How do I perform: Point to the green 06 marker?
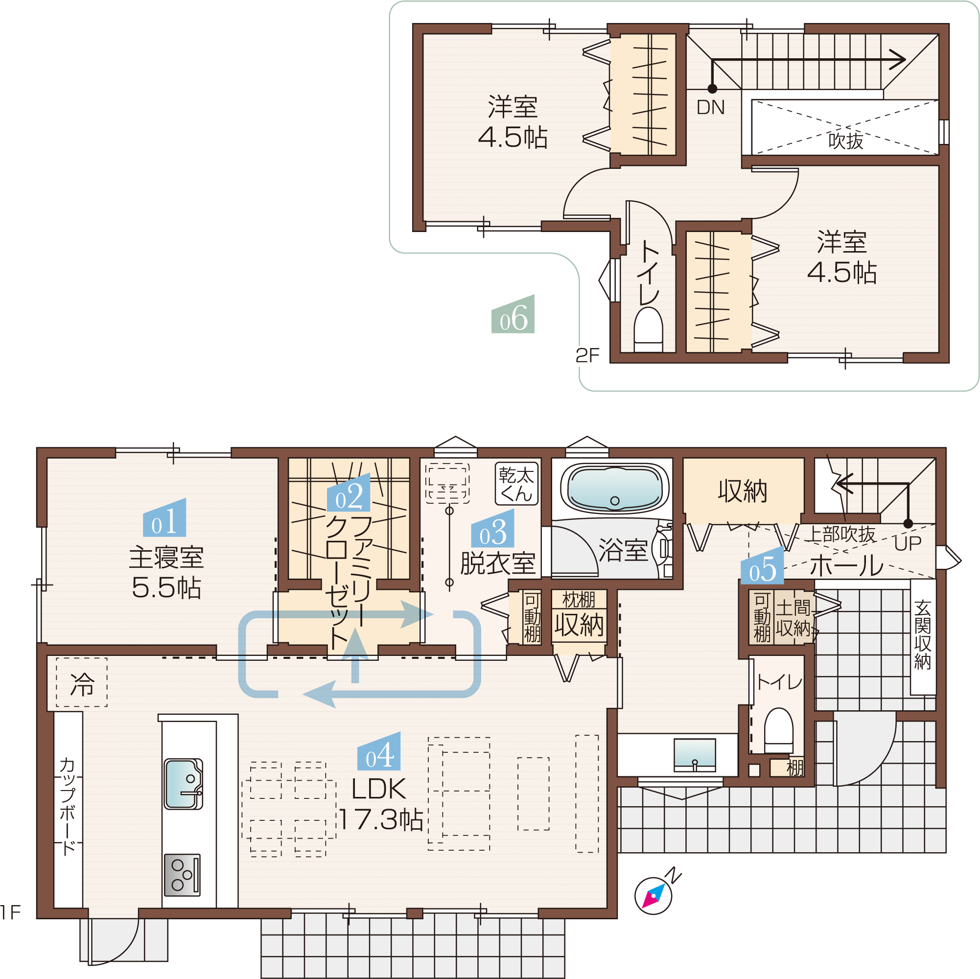[513, 314]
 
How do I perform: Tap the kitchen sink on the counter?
[183, 784]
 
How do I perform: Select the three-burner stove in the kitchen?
[182, 875]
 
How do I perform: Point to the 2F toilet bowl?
[648, 330]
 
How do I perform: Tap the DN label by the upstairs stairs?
[710, 108]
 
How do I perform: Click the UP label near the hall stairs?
[908, 544]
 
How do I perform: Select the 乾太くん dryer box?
[516, 484]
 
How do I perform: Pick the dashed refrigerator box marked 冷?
[82, 682]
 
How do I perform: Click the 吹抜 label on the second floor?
[845, 140]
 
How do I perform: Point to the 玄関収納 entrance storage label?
[923, 634]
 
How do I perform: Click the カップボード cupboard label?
[68, 807]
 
